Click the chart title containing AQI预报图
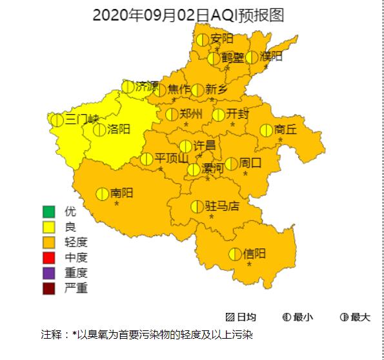(x=188, y=15)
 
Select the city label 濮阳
(x=271, y=57)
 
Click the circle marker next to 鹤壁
(x=214, y=58)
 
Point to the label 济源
(x=147, y=86)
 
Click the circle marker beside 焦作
(x=159, y=90)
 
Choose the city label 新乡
(x=217, y=90)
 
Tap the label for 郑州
(x=191, y=114)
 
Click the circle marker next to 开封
(x=219, y=115)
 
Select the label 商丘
(x=285, y=130)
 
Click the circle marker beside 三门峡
(x=57, y=119)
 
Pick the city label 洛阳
(x=119, y=129)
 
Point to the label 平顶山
(x=172, y=159)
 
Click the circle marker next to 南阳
(x=102, y=194)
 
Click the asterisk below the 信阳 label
(x=249, y=265)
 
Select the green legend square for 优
(x=48, y=212)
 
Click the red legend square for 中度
(x=48, y=257)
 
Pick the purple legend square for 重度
(x=48, y=273)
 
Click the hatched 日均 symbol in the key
(x=230, y=317)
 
